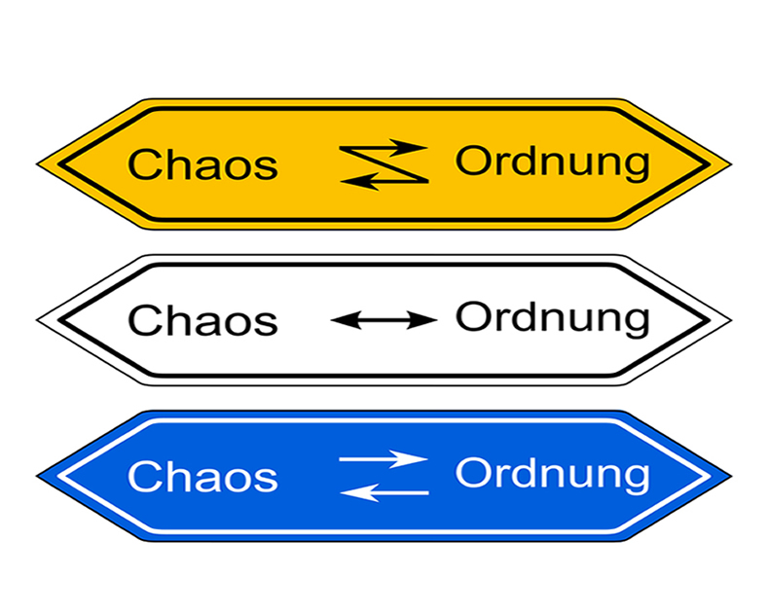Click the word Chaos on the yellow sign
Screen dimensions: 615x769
tap(202, 164)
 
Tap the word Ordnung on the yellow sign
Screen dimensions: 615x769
tap(552, 163)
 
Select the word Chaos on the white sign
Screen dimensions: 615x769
tap(202, 320)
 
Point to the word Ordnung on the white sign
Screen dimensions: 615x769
tap(552, 318)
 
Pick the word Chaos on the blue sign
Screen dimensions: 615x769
tap(202, 477)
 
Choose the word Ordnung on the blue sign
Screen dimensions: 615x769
tap(552, 475)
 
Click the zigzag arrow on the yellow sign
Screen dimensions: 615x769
tap(384, 163)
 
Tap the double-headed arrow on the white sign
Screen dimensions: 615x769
tap(384, 319)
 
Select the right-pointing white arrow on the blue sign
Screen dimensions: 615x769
tap(384, 458)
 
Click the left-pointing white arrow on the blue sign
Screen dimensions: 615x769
tap(384, 492)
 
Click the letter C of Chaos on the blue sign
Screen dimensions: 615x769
tap(142, 477)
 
